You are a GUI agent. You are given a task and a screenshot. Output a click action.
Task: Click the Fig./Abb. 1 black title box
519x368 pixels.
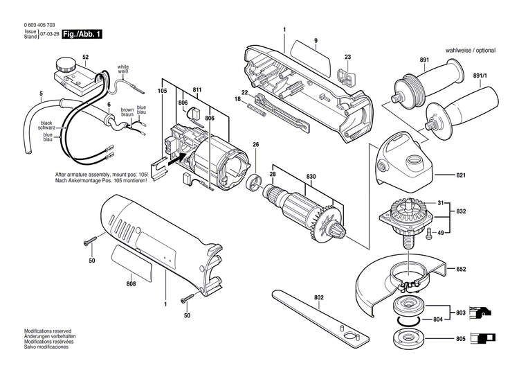[81, 33]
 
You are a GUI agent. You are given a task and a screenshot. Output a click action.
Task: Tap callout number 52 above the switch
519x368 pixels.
[85, 56]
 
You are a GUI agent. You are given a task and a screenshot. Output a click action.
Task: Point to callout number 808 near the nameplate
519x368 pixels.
[131, 282]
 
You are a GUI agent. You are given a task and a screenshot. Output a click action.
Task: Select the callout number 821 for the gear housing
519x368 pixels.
[462, 176]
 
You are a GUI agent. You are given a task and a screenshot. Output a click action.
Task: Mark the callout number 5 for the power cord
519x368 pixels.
[41, 94]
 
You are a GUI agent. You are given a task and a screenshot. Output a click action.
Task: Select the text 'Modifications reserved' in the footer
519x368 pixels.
[49, 331]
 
